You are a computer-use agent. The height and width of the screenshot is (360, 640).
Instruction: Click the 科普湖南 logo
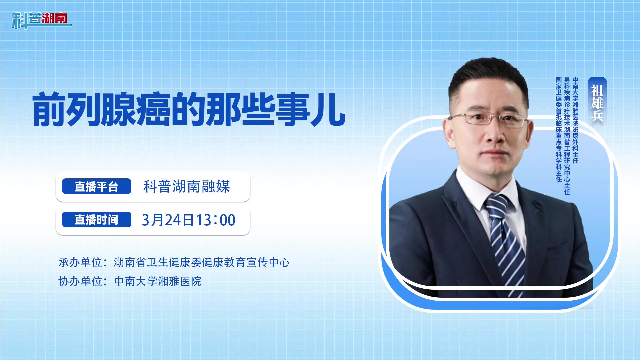pyautogui.click(x=41, y=20)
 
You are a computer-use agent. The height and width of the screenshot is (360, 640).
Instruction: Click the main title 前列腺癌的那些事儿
pyautogui.click(x=189, y=110)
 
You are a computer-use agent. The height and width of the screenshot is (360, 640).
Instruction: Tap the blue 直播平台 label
pyautogui.click(x=97, y=186)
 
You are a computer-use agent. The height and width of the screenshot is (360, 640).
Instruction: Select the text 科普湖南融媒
pyautogui.click(x=187, y=186)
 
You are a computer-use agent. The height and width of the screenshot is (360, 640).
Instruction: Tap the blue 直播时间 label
pyautogui.click(x=97, y=220)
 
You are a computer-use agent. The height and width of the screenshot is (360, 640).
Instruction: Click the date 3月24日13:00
pyautogui.click(x=189, y=220)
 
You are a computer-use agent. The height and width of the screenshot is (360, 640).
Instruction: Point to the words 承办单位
pyautogui.click(x=80, y=262)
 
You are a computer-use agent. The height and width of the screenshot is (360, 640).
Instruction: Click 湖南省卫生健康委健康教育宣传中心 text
pyautogui.click(x=202, y=262)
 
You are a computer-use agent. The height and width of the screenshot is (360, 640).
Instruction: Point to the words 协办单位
pyautogui.click(x=80, y=281)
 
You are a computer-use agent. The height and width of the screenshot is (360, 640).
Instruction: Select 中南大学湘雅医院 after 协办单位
pyautogui.click(x=158, y=281)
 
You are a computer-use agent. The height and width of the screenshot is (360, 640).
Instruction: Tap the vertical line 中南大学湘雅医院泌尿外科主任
pyautogui.click(x=575, y=120)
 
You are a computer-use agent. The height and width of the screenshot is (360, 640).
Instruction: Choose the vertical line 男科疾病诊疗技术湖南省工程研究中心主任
pyautogui.click(x=567, y=136)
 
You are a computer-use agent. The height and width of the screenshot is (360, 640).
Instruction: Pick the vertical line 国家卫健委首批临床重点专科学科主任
pyautogui.click(x=559, y=129)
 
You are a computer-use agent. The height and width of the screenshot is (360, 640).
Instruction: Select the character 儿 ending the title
pyautogui.click(x=328, y=110)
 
